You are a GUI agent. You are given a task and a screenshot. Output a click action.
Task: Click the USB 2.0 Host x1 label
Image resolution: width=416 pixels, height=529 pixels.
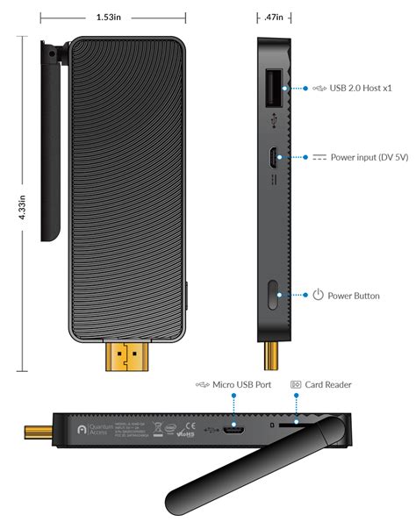coord(362,89)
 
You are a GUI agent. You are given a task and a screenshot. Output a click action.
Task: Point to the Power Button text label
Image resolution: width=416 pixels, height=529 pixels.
coord(354,295)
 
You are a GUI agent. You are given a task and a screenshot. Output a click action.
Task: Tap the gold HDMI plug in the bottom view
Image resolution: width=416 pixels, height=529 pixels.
coord(38,432)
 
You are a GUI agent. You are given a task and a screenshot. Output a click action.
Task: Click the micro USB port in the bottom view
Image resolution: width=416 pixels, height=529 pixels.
coord(233,431)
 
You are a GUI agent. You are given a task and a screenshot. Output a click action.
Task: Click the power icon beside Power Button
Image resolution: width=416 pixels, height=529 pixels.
coord(319,295)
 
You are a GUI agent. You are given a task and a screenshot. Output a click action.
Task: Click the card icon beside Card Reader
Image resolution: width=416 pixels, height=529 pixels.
coord(295,383)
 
